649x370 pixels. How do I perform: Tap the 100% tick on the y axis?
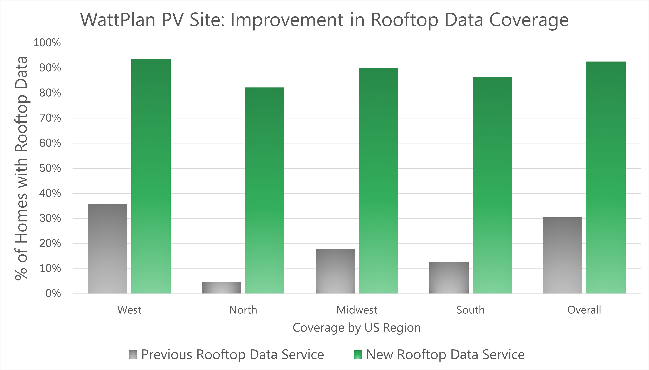point(47,43)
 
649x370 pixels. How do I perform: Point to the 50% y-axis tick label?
point(50,168)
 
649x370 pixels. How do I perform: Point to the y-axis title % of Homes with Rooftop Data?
point(21,168)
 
